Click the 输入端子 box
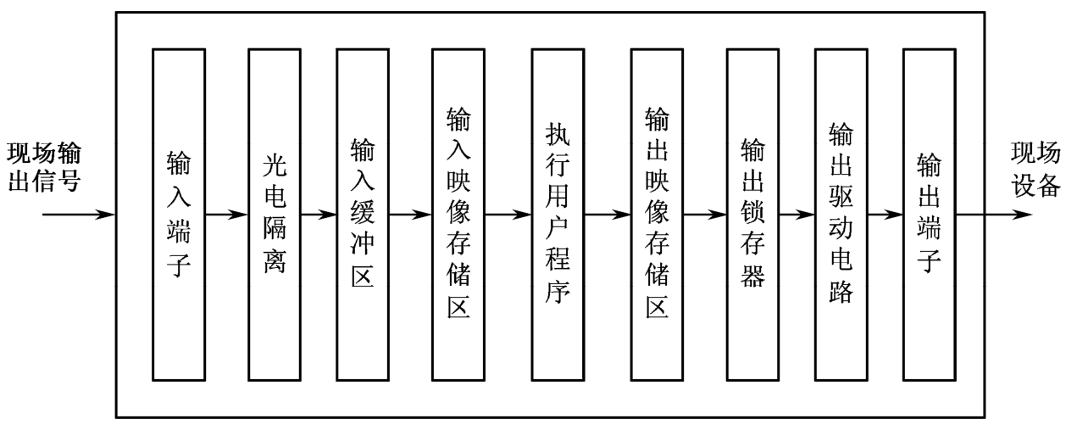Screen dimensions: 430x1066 (179, 214)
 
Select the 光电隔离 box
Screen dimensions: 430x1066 (275, 214)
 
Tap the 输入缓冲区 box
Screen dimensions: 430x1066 (362, 214)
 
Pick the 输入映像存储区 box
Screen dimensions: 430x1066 (458, 214)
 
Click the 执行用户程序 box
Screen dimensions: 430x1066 (558, 214)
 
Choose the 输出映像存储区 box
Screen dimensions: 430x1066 (657, 214)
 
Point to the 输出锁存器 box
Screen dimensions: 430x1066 (752, 214)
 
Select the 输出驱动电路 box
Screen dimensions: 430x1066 (841, 214)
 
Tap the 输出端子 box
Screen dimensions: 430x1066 (929, 214)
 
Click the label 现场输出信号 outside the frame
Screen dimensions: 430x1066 (46, 168)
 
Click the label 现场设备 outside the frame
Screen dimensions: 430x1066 (1034, 168)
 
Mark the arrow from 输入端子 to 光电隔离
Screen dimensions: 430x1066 (227, 215)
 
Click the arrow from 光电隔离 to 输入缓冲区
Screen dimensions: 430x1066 (319, 215)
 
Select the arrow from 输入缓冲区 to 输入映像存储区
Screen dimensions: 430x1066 (410, 215)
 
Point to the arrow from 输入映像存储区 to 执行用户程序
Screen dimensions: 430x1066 (508, 215)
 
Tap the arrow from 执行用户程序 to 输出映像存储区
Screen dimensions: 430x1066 (608, 215)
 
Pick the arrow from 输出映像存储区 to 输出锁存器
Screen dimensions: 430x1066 (705, 215)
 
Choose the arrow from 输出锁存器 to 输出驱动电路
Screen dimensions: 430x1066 (797, 215)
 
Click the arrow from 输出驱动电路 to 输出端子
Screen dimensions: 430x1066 (885, 215)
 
